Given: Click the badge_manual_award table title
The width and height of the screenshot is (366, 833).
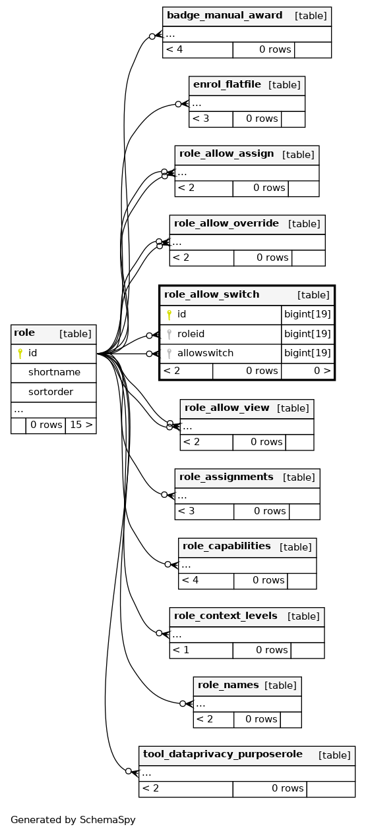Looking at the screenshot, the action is click(x=224, y=16).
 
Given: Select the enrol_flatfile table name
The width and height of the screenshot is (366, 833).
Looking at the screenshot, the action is click(x=227, y=85).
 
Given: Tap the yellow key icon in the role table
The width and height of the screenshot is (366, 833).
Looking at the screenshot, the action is click(x=20, y=353).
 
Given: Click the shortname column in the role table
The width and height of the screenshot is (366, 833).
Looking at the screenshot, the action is click(x=54, y=372).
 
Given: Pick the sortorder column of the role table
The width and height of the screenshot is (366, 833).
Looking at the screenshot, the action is click(x=51, y=392).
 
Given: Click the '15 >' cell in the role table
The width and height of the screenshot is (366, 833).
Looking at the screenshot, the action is click(x=81, y=425).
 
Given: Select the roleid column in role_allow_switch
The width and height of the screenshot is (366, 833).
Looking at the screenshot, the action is click(x=191, y=334).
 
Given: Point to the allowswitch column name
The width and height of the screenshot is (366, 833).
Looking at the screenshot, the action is click(x=205, y=353).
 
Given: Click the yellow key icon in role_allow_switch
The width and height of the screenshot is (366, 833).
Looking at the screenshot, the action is click(x=169, y=315).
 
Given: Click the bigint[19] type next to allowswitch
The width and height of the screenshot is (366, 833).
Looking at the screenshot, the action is click(x=307, y=353).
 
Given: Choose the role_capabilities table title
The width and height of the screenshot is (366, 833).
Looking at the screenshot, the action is click(x=226, y=547).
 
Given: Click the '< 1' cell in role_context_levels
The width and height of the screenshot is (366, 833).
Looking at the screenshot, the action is click(x=181, y=650).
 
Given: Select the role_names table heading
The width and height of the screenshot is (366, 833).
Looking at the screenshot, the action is click(x=228, y=685).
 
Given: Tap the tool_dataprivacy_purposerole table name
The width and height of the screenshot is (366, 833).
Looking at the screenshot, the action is click(x=223, y=754).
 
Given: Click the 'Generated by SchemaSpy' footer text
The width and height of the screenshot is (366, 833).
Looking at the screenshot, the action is click(x=73, y=820).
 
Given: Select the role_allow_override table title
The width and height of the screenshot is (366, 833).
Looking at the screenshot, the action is click(x=226, y=223).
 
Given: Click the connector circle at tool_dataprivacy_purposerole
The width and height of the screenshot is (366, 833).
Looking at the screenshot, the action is click(x=129, y=772).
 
